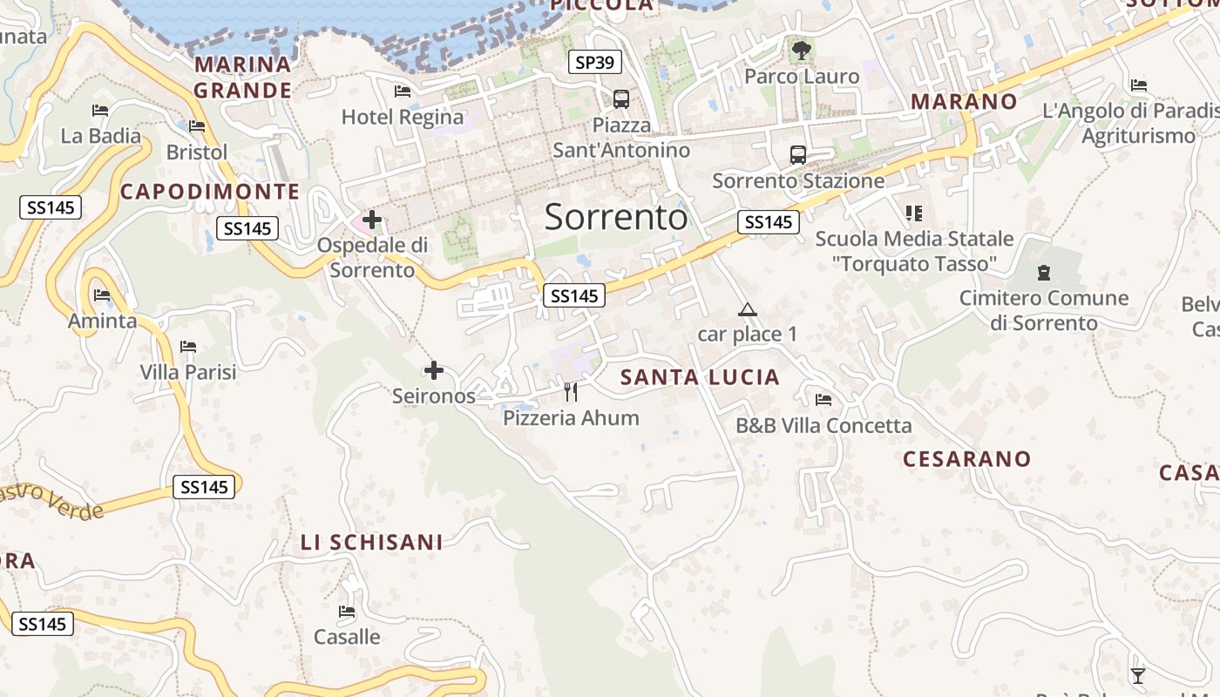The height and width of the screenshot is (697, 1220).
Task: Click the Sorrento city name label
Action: coord(616,217)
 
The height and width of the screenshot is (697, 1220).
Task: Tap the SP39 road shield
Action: coord(595,62)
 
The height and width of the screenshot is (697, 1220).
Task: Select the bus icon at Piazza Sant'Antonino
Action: coord(620,99)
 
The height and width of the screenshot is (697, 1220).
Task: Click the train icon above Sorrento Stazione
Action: coord(797,155)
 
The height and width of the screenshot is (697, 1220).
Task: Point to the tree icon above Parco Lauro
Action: coord(802,51)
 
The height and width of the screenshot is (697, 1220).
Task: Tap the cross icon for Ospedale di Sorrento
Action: coord(372,220)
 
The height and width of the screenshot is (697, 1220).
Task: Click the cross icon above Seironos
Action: coord(433,370)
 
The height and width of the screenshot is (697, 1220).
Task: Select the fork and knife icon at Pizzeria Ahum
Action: coord(571,392)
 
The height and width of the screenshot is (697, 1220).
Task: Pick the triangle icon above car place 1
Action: coord(747,309)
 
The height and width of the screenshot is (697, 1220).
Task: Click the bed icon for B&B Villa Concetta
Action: coord(823,400)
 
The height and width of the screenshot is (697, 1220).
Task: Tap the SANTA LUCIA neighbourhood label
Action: coord(700,377)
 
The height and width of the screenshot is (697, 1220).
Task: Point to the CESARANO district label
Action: coord(966,459)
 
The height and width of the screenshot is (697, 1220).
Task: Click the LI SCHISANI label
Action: coord(372,542)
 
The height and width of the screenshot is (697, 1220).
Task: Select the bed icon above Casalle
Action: coord(347,612)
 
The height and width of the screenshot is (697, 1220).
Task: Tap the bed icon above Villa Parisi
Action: coord(188,347)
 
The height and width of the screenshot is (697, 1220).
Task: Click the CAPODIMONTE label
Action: coord(210,192)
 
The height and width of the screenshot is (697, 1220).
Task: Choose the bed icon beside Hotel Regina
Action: coord(403,91)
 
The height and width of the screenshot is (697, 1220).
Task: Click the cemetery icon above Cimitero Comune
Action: coord(1043,273)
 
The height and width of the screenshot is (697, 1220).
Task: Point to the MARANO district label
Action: coord(964,101)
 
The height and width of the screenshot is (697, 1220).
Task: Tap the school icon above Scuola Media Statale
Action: coord(913,213)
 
